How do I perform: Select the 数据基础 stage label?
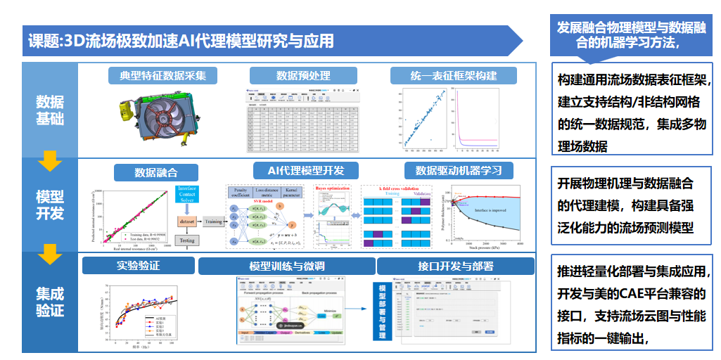[50, 110]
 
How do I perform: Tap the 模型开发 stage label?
[50, 203]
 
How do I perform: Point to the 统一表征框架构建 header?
[454, 76]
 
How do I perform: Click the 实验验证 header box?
[139, 266]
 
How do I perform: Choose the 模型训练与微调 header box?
[286, 266]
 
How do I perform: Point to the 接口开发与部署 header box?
[455, 266]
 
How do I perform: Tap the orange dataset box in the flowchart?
[186, 221]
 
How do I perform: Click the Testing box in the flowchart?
[186, 240]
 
